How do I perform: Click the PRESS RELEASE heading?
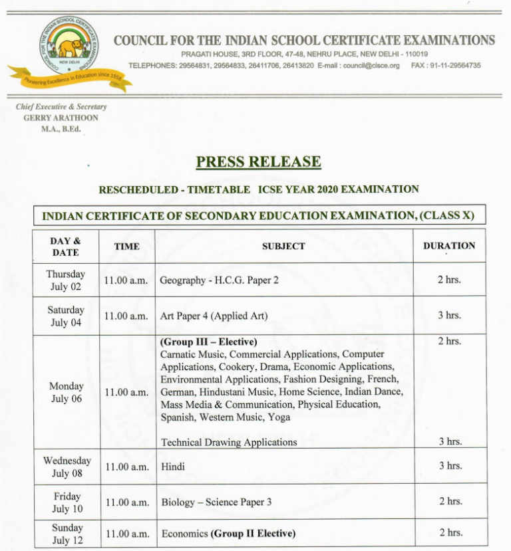pyautogui.click(x=258, y=162)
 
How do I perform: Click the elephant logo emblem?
pyautogui.click(x=69, y=47)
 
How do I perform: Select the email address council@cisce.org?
pyautogui.click(x=371, y=66)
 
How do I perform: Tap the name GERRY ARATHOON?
pyautogui.click(x=61, y=118)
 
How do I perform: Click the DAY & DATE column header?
pyautogui.click(x=65, y=247)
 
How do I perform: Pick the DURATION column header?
pyautogui.click(x=449, y=246)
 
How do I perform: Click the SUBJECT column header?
pyautogui.click(x=283, y=247)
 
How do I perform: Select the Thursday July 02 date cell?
pyautogui.click(x=65, y=280)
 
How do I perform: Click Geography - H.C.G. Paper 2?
pyautogui.click(x=219, y=280)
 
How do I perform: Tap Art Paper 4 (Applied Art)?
pyautogui.click(x=214, y=316)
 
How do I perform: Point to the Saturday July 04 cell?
pyautogui.click(x=65, y=316)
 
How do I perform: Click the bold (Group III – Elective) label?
pyautogui.click(x=208, y=342)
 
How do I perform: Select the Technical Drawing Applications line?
pyautogui.click(x=228, y=442)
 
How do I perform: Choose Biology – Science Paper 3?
pyautogui.click(x=216, y=502)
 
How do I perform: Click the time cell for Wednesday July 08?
pyautogui.click(x=126, y=467)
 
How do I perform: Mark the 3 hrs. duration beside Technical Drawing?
pyautogui.click(x=450, y=442)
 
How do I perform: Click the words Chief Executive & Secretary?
pyautogui.click(x=61, y=107)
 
